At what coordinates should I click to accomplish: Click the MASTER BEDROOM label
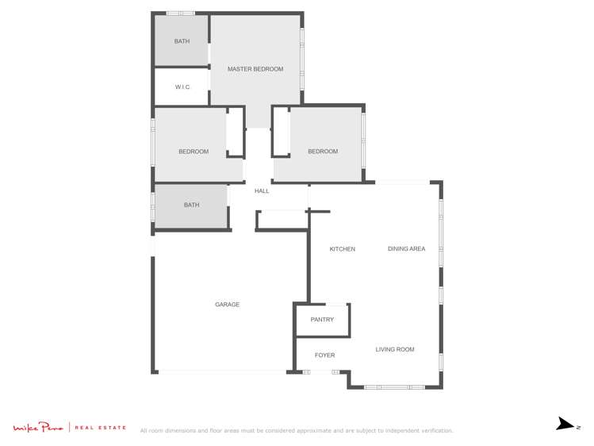pos(255,69)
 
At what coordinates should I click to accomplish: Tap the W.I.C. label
pos(182,87)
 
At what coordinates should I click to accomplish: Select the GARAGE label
pos(227,305)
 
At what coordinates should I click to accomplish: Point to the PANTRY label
pos(322,320)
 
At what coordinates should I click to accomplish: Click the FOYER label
pos(324,356)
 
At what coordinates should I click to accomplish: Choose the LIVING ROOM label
pos(395,349)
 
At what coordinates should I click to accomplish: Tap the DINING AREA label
pos(406,249)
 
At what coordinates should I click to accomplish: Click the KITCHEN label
pos(343,249)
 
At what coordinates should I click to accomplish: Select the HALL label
pos(262,191)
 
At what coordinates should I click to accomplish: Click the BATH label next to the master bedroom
pos(182,41)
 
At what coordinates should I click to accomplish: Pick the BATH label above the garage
pos(191,206)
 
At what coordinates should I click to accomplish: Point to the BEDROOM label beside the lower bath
pos(194,152)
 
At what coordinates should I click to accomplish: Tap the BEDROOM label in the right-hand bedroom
pos(323,152)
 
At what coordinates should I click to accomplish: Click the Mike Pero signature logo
pos(38,428)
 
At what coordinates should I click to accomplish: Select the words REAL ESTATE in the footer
pos(101,428)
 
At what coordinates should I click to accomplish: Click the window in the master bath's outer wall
pos(180,13)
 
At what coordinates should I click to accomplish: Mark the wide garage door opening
pos(222,371)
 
